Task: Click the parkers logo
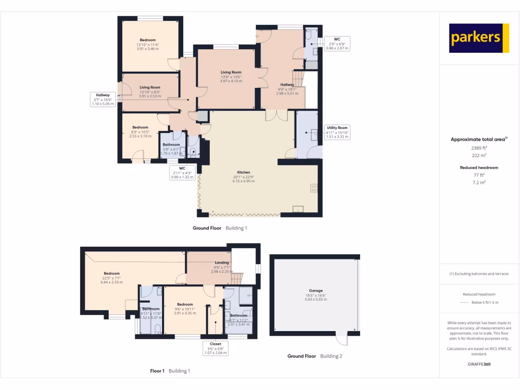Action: tap(479, 38)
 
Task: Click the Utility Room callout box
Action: tap(337, 132)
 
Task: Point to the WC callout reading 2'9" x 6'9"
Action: tap(337, 44)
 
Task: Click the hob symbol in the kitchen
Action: tap(313, 188)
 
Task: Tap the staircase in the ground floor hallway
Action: tap(299, 79)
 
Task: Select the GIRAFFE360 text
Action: tap(479, 364)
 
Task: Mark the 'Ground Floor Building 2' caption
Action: tap(314, 356)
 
